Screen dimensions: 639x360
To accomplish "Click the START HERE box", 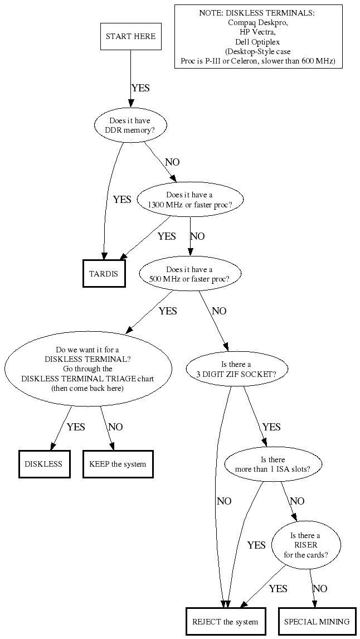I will [130, 36].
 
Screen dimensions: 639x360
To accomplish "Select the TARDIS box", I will [104, 273].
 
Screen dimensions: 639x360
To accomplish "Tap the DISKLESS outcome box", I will [43, 463].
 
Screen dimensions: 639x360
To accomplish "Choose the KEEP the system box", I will [118, 463].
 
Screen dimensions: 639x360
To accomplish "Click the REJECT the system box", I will [225, 622].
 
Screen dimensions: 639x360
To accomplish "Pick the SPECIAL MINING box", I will [317, 622].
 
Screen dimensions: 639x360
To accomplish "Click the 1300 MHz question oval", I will [189, 200].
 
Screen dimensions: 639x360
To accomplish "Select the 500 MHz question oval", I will [189, 274].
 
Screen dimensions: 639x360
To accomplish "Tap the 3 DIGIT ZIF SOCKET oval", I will [236, 369].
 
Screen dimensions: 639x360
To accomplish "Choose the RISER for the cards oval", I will [305, 545].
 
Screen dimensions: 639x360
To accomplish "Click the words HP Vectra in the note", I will [257, 32].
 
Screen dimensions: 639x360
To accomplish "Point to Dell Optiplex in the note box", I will [257, 42].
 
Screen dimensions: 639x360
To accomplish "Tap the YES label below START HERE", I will [140, 88].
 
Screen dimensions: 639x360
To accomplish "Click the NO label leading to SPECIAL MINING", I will [320, 588].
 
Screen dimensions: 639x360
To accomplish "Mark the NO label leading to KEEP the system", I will [115, 427].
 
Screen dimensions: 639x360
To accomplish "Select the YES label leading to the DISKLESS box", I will [76, 427].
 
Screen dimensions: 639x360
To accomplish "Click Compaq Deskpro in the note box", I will [257, 23].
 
